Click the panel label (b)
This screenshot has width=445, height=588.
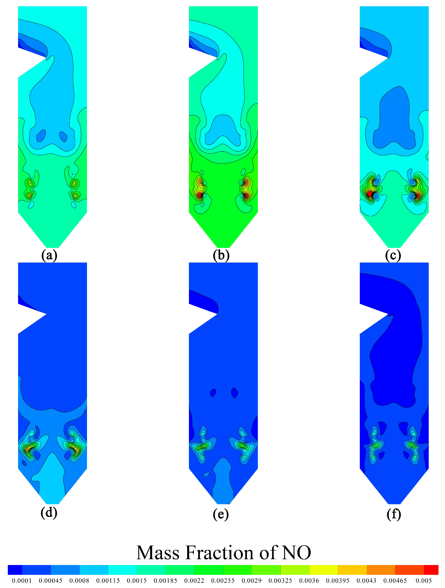pyautogui.click(x=221, y=255)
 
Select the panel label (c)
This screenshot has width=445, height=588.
pyautogui.click(x=393, y=255)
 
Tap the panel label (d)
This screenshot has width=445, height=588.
pyautogui.click(x=49, y=513)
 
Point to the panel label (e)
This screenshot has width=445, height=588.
pyautogui.click(x=221, y=514)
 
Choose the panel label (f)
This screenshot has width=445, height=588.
pyautogui.click(x=394, y=514)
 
